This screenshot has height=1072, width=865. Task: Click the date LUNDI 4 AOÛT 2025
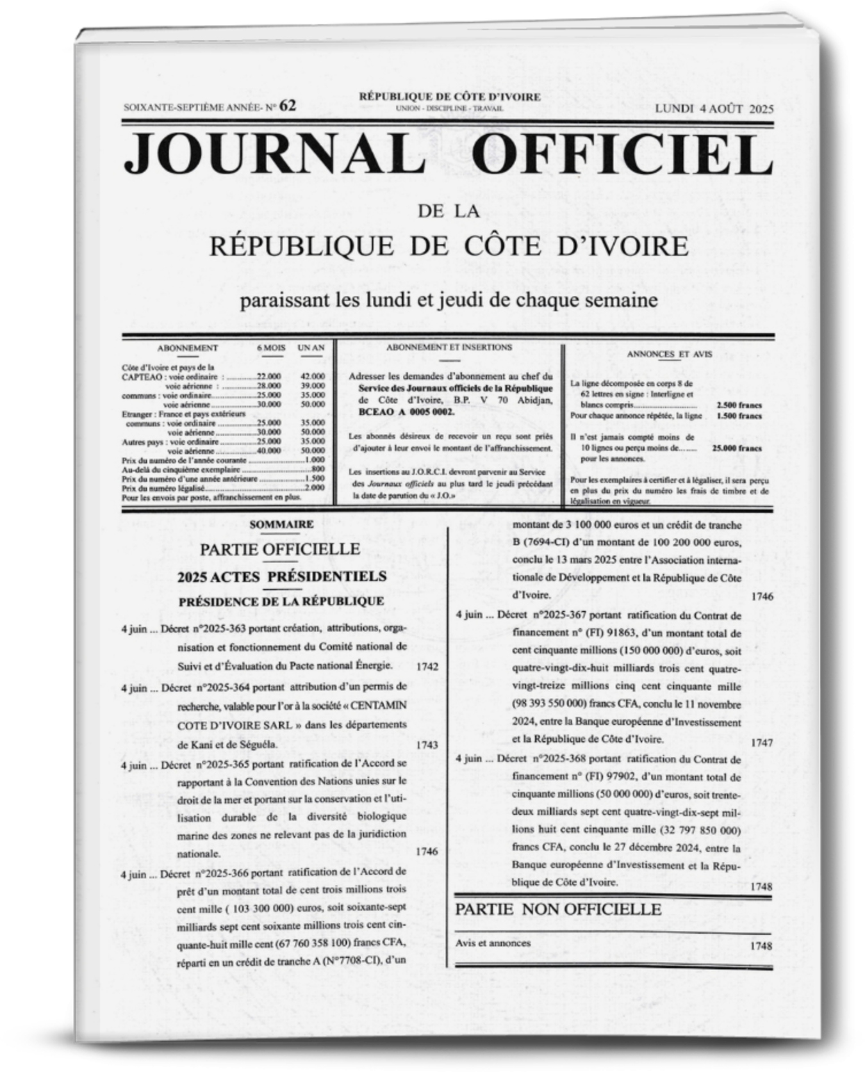tap(714, 108)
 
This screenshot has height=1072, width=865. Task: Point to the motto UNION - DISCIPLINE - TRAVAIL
tap(450, 109)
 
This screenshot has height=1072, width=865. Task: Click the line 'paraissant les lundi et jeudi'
tap(449, 300)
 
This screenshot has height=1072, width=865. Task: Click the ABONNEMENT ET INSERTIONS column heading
tap(449, 347)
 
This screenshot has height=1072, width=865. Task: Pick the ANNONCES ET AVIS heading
tap(669, 354)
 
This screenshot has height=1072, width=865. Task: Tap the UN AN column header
tap(311, 348)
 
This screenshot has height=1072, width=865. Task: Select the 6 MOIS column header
tap(271, 348)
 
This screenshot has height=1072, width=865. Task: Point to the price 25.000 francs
tap(737, 448)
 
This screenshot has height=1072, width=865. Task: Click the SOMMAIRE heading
tap(282, 524)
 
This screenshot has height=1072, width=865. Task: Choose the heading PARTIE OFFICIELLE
tap(280, 549)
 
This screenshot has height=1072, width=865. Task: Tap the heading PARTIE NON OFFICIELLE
tap(558, 909)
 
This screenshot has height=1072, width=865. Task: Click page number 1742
tap(427, 667)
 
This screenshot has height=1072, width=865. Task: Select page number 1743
tap(427, 745)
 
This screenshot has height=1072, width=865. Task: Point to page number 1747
tap(762, 743)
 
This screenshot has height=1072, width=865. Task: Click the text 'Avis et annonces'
tap(493, 943)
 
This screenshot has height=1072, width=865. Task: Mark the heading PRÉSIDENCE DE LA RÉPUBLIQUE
tap(281, 601)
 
